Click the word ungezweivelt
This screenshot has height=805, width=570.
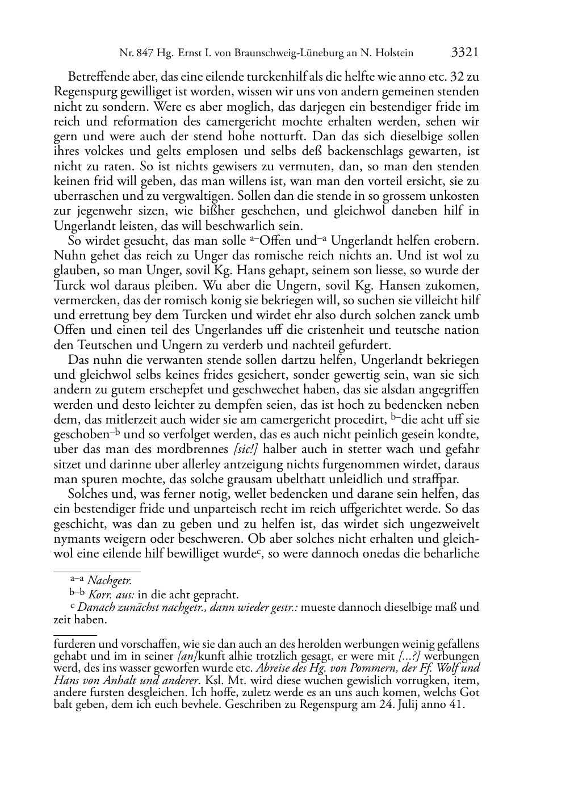click(x=445, y=524)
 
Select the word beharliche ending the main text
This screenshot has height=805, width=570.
click(x=452, y=554)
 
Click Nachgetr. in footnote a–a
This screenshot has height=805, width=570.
click(x=110, y=580)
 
